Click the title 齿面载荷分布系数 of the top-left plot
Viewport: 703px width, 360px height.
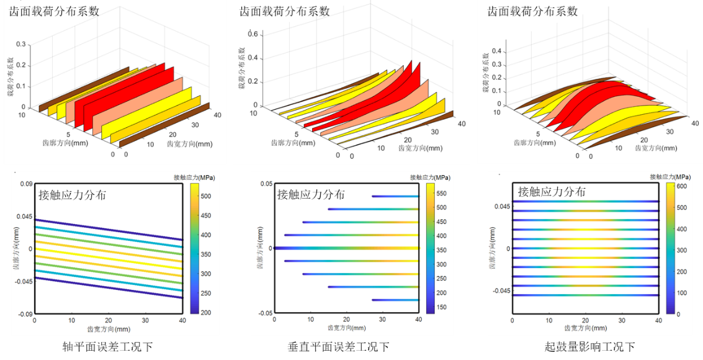click(55, 11)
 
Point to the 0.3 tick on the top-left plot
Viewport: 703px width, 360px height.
click(21, 45)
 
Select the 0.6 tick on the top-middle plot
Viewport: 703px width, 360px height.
click(253, 34)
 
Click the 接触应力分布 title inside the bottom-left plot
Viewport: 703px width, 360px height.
click(72, 194)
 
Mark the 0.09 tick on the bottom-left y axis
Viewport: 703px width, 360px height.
click(25, 184)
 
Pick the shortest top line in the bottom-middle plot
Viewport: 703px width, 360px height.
click(395, 196)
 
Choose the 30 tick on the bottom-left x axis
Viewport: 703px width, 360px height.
click(145, 320)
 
